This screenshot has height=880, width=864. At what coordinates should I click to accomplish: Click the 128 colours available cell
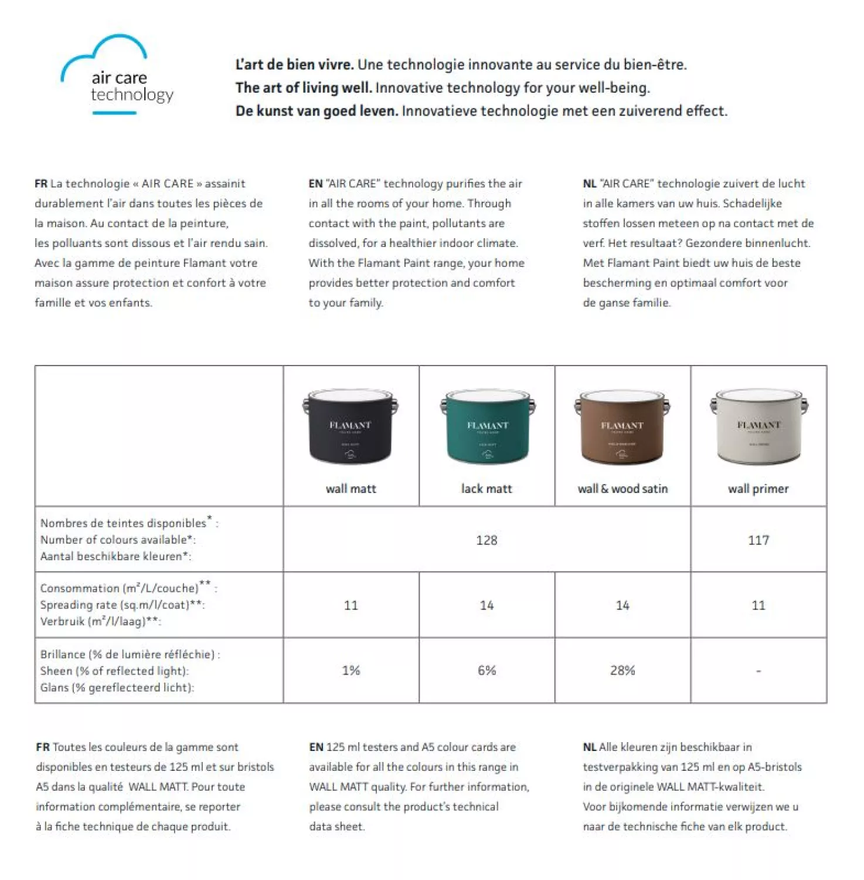pos(487,540)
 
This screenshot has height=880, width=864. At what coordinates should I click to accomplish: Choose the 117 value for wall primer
pos(758,540)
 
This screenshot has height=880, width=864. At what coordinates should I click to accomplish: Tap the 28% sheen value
pos(623,670)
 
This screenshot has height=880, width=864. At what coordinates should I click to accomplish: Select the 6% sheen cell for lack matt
pos(487,670)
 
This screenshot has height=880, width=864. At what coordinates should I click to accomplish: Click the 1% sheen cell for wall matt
pos(351,670)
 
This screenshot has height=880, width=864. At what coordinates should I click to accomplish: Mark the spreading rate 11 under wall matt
pos(351,605)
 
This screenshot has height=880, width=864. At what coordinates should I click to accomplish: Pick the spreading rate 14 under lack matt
pos(487,605)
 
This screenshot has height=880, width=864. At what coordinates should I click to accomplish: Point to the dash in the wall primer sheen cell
pos(758,671)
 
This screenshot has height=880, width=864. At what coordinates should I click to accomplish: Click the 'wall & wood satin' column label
pos(623,489)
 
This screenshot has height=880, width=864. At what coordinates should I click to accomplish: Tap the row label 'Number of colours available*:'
pos(118,540)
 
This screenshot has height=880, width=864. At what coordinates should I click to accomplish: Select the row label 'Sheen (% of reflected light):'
pos(114,671)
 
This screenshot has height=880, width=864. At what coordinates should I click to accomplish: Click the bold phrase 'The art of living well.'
pos(304,88)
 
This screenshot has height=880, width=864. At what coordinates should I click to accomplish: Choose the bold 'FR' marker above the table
pos(40,184)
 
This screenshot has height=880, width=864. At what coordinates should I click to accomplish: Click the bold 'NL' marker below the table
pos(589,747)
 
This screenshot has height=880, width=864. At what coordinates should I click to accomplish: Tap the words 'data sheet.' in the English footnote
pos(336,826)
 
